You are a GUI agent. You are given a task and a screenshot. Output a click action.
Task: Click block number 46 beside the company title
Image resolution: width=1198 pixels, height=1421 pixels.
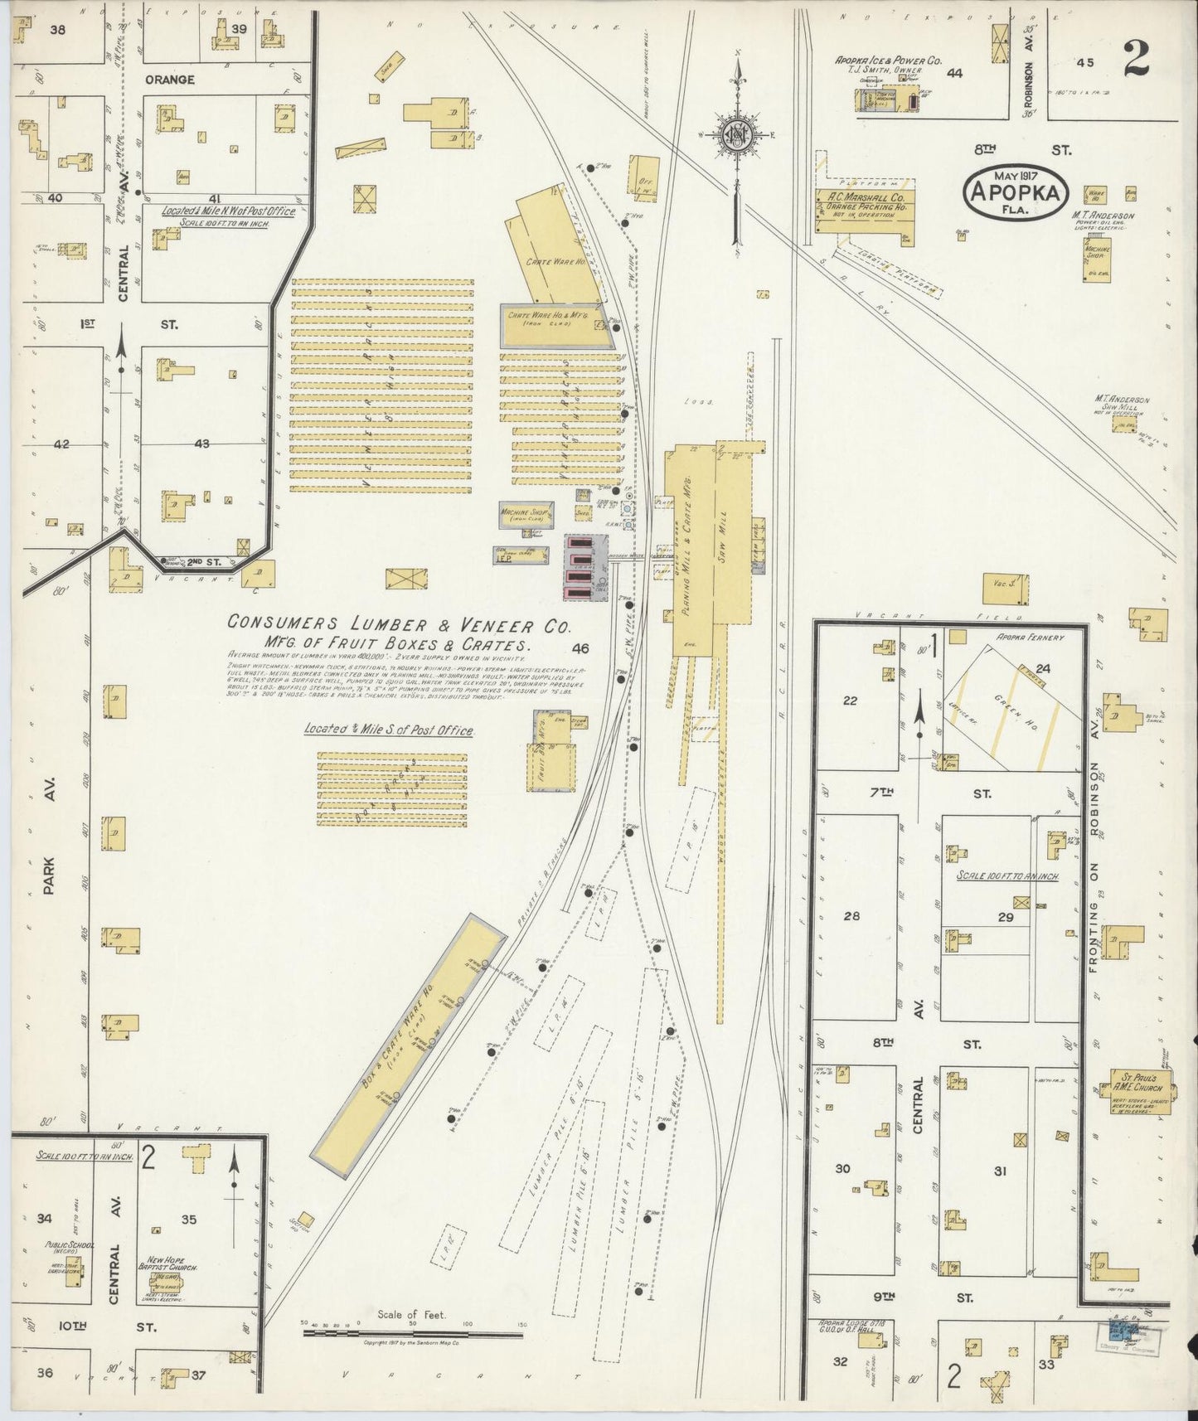(x=580, y=649)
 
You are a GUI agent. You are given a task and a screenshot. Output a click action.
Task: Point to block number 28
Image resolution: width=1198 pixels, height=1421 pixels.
(x=851, y=916)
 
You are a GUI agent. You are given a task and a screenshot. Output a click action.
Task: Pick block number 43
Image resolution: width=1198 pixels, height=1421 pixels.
(x=201, y=444)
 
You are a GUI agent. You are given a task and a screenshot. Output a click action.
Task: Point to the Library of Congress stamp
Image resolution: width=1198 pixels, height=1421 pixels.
(x=1133, y=1332)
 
